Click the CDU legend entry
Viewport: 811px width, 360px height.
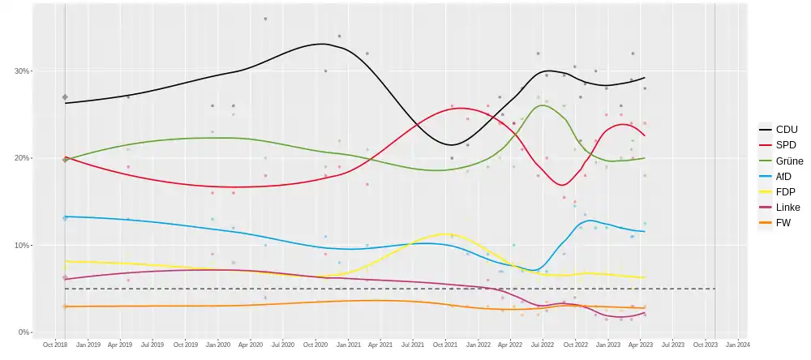pyautogui.click(x=779, y=130)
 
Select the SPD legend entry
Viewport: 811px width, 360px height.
pyautogui.click(x=779, y=145)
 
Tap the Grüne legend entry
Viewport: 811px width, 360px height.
pyautogui.click(x=779, y=161)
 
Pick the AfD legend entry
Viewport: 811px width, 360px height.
pyautogui.click(x=779, y=176)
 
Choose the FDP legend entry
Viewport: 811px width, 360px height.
pyautogui.click(x=779, y=191)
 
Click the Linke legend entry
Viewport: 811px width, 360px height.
pyautogui.click(x=779, y=207)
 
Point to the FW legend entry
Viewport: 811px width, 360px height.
pyautogui.click(x=779, y=222)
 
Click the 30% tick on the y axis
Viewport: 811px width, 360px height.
pyautogui.click(x=21, y=71)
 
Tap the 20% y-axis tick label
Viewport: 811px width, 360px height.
pyautogui.click(x=21, y=158)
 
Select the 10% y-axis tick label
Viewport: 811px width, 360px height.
pyautogui.click(x=21, y=246)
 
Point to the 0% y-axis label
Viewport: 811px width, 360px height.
pyautogui.click(x=24, y=332)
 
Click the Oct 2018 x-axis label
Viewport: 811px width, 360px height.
pyautogui.click(x=54, y=345)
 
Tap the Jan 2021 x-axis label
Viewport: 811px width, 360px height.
pyautogui.click(x=348, y=345)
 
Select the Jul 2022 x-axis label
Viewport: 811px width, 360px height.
pyautogui.click(x=542, y=345)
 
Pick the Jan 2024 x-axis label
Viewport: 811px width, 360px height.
pyautogui.click(x=737, y=345)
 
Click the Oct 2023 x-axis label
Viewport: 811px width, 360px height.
pyautogui.click(x=705, y=345)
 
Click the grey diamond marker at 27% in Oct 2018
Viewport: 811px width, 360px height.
pyautogui.click(x=65, y=97)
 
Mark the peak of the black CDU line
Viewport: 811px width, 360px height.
pyautogui.click(x=322, y=44)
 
